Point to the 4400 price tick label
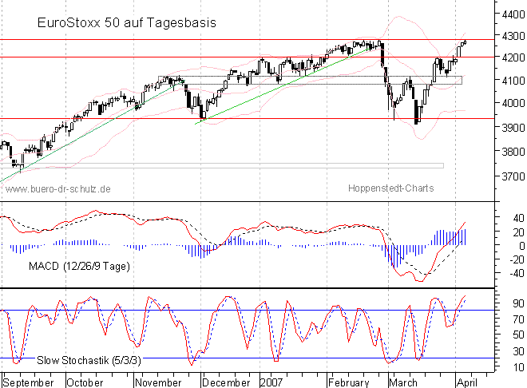[x=509, y=14]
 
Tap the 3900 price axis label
[x=509, y=128]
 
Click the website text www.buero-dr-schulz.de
[x=57, y=188]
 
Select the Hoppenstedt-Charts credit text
[x=391, y=188]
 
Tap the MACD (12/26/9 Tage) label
[x=78, y=265]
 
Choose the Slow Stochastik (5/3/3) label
[x=89, y=360]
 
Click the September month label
[x=30, y=382]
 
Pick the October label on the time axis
[x=85, y=382]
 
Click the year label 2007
[x=271, y=382]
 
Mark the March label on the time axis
[x=402, y=382]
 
